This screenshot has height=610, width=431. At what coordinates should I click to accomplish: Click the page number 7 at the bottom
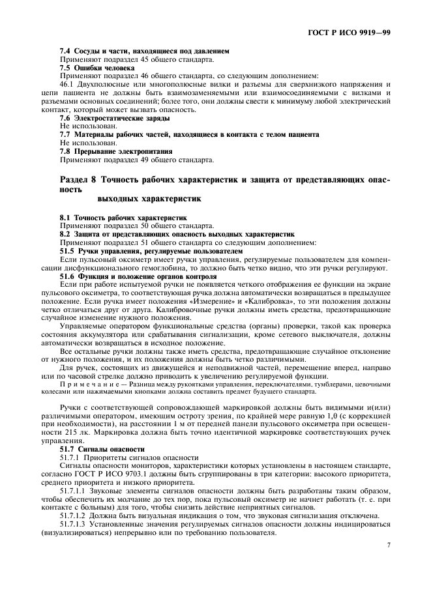(389, 544)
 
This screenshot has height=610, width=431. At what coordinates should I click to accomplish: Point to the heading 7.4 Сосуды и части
(144, 51)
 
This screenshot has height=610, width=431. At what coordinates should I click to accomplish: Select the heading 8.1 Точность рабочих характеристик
(123, 217)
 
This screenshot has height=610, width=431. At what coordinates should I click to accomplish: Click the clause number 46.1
(68, 84)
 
